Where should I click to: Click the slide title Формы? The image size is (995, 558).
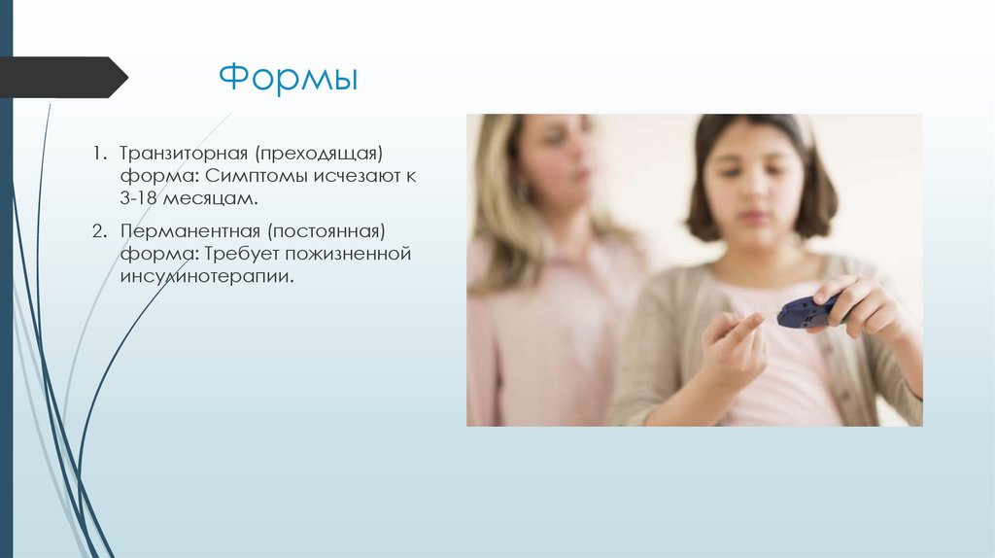[x=288, y=78]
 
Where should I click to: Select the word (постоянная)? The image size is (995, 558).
[x=326, y=232]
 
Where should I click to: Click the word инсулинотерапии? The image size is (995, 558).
[x=206, y=276]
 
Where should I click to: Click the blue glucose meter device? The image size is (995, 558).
[x=806, y=311]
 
